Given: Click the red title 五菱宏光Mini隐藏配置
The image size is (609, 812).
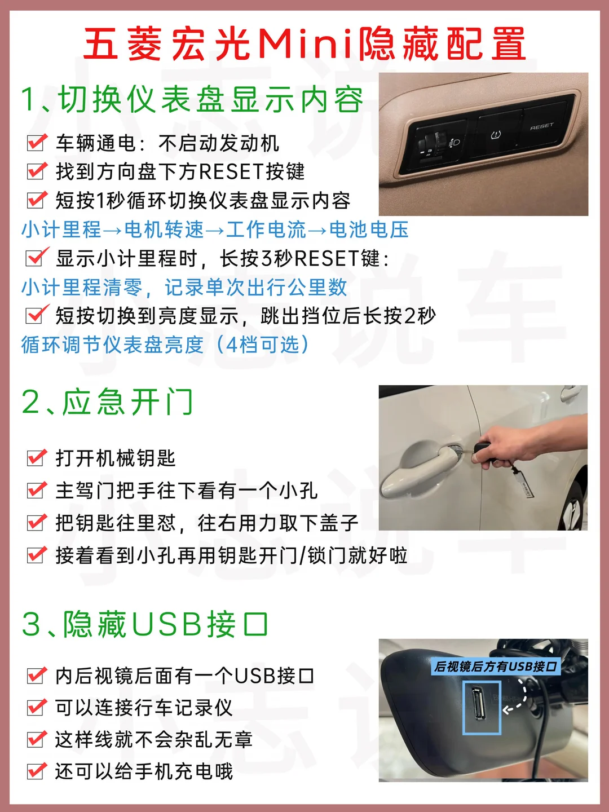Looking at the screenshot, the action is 304,43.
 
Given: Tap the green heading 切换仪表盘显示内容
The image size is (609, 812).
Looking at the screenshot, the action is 210,99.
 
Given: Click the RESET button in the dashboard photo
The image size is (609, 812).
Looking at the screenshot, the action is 542,127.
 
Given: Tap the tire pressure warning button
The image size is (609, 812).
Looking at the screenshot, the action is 496,135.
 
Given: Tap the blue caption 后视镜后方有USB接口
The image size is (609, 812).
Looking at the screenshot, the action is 496,667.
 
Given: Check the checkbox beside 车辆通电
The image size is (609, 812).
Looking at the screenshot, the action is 36,143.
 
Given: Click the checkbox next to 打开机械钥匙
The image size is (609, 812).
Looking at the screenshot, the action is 36,458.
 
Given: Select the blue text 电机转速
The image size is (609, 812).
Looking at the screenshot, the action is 164,230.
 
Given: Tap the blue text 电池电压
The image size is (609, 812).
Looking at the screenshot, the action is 369,230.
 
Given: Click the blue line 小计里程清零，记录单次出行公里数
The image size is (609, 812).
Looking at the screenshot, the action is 184,288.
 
